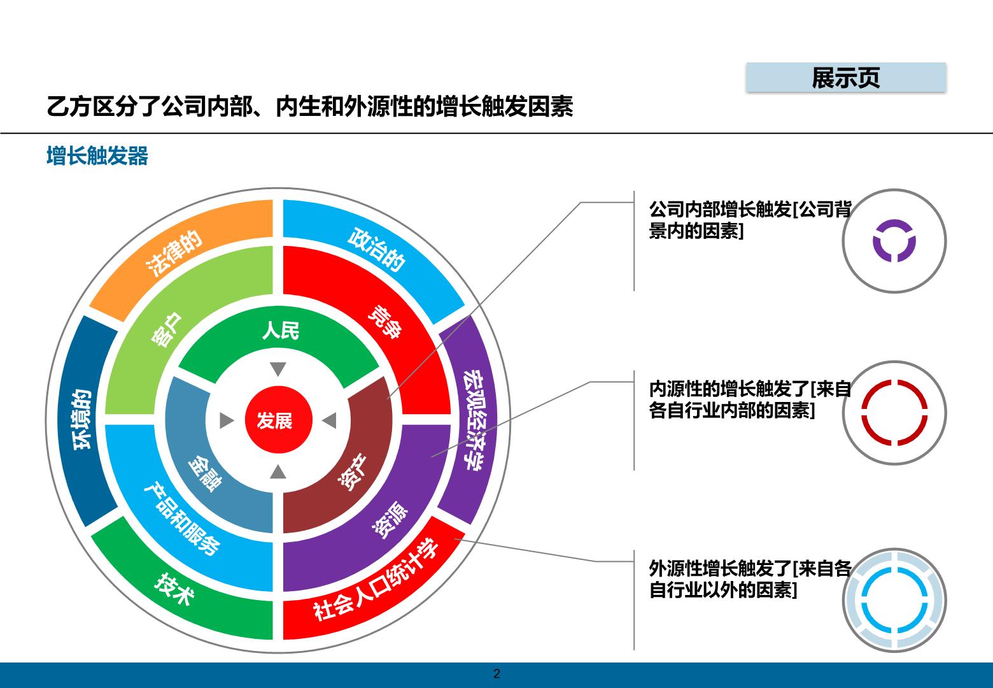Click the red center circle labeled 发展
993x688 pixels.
278,420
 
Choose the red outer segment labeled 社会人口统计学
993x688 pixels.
377,590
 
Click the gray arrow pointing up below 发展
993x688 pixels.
278,471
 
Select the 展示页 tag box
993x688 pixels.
846,78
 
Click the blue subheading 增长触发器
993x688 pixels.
97,155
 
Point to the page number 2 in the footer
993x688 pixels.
496,674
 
